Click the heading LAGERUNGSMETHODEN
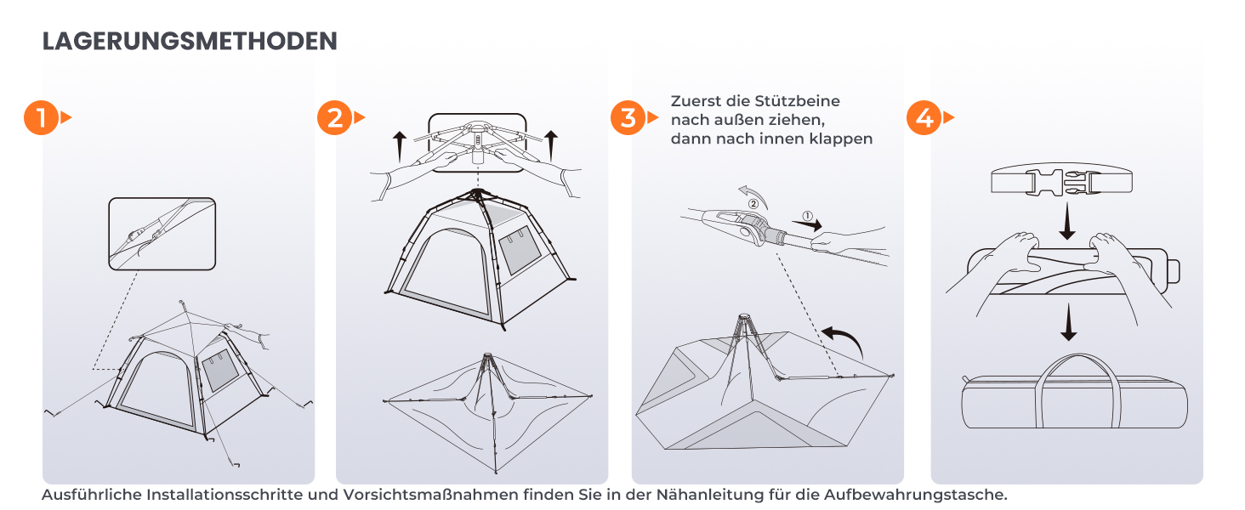coord(190,41)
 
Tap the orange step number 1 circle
coord(41,118)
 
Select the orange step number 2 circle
coord(334,118)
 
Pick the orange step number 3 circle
coord(628,118)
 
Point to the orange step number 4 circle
coord(924,118)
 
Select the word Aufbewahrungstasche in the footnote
coord(915,495)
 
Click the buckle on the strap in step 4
coord(1062,182)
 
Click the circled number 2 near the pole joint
coord(753,204)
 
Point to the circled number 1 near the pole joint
coord(808,216)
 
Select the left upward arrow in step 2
coord(399,147)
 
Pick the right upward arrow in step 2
coord(550,145)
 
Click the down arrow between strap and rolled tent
coord(1066,221)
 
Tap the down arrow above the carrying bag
coord(1068,322)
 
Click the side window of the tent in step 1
coord(220,371)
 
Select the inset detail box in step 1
coord(162,234)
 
